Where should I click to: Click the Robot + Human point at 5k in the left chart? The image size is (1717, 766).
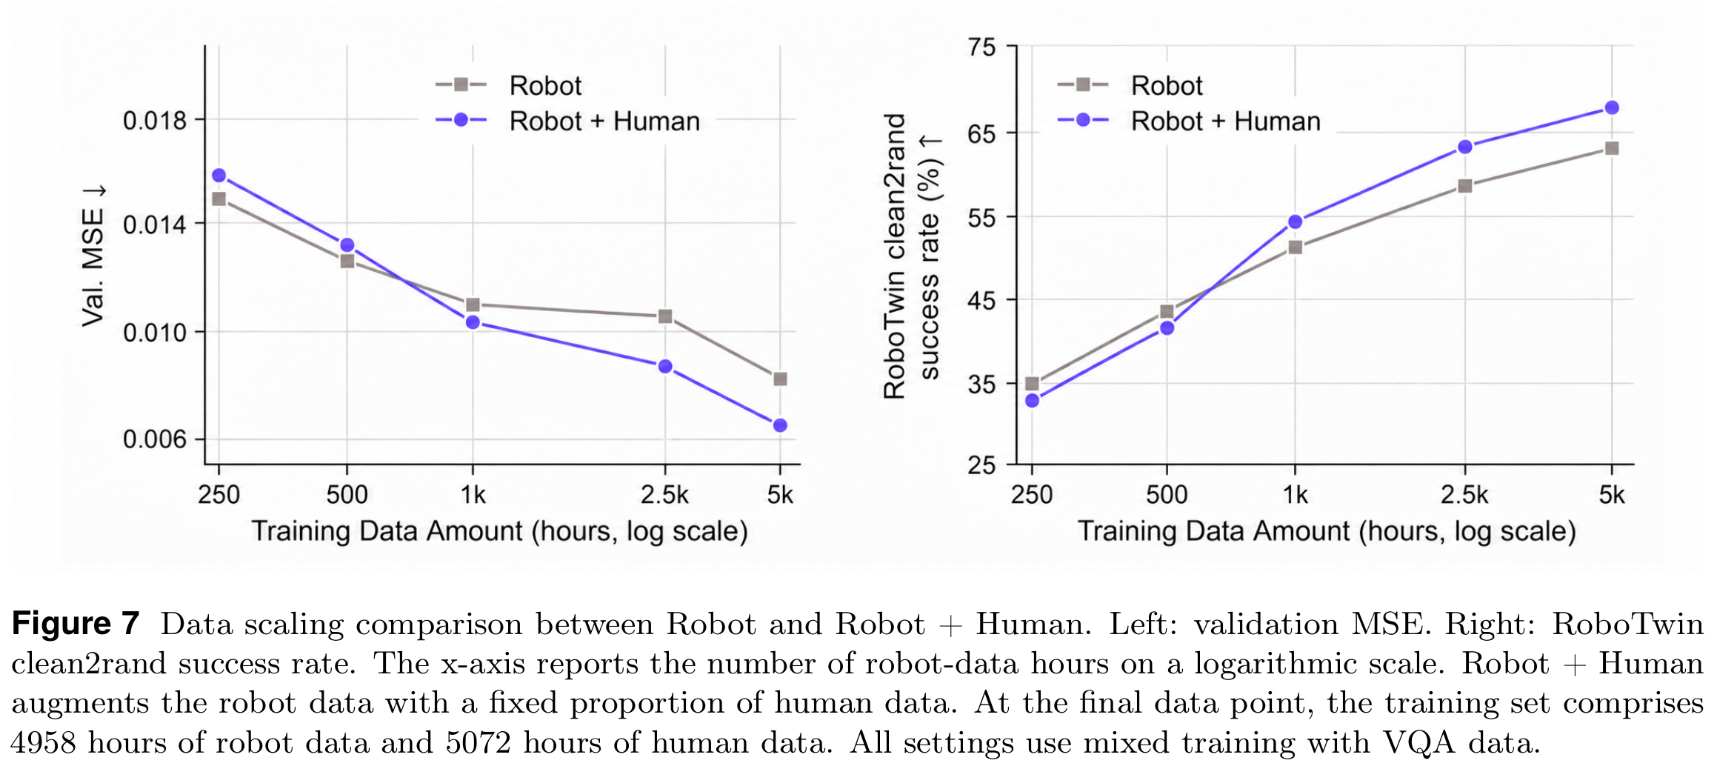pyautogui.click(x=780, y=425)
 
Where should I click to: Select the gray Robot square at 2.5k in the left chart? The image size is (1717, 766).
pyautogui.click(x=665, y=316)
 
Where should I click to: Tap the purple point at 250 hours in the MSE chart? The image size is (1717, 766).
pyautogui.click(x=219, y=176)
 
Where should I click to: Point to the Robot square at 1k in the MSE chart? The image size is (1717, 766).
pyautogui.click(x=473, y=304)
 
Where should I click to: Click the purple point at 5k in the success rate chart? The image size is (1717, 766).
pyautogui.click(x=1612, y=107)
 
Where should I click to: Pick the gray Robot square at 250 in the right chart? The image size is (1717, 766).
pyautogui.click(x=1032, y=383)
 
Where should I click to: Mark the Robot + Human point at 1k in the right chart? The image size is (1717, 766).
pyautogui.click(x=1296, y=222)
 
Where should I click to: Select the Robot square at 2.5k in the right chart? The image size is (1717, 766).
pyautogui.click(x=1464, y=186)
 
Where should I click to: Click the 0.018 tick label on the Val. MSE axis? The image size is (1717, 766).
pyautogui.click(x=155, y=120)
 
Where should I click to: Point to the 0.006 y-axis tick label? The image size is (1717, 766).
pyautogui.click(x=155, y=439)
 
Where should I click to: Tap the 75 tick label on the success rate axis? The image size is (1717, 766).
pyautogui.click(x=981, y=47)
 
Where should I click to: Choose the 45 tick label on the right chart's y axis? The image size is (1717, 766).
pyautogui.click(x=981, y=301)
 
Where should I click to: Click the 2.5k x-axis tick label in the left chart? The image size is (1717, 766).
pyautogui.click(x=664, y=495)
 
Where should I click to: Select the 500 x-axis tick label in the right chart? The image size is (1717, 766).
pyautogui.click(x=1167, y=495)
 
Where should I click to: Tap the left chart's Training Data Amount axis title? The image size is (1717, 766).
pyautogui.click(x=499, y=532)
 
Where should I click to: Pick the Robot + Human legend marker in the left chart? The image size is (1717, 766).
pyautogui.click(x=461, y=120)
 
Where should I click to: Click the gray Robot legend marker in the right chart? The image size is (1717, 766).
pyautogui.click(x=1082, y=84)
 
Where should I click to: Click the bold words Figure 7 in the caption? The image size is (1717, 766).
pyautogui.click(x=76, y=623)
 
